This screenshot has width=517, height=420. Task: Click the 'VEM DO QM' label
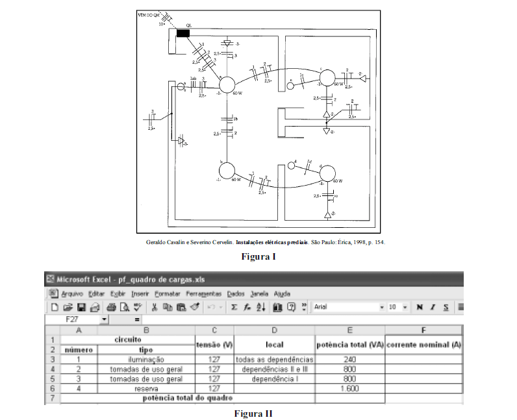point(151,14)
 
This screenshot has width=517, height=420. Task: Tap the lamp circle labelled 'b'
point(229,171)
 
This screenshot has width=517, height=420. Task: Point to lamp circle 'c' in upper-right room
point(327,78)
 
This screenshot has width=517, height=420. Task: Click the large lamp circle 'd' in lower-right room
point(326,174)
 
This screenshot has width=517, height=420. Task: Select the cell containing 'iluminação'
point(146,359)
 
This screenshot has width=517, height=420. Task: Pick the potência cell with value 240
point(349,359)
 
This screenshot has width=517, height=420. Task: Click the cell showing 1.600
point(349,388)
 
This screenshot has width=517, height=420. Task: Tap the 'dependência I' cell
point(274,378)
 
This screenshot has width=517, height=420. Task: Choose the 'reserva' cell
point(146,388)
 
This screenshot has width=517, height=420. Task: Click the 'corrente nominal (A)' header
point(423,344)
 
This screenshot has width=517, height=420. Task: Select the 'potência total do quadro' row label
point(188,398)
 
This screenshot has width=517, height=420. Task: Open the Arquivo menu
point(71,293)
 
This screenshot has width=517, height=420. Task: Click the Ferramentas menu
point(203,293)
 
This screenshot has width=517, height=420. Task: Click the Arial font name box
point(344,306)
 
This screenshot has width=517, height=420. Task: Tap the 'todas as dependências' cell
point(274,359)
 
